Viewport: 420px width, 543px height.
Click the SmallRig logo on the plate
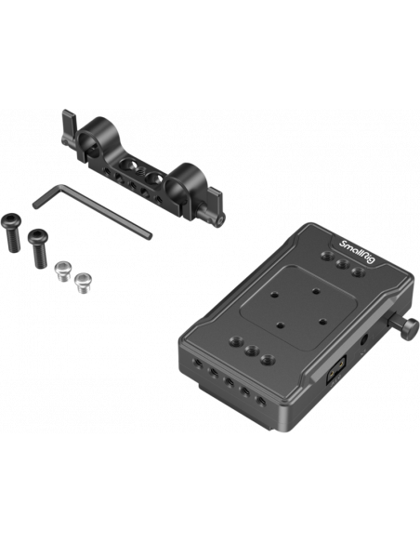(357, 251)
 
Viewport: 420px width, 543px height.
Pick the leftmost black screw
(12, 232)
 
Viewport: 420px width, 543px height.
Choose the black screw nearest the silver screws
(39, 247)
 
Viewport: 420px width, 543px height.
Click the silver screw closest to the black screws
(63, 271)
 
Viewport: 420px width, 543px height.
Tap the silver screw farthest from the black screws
(83, 283)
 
